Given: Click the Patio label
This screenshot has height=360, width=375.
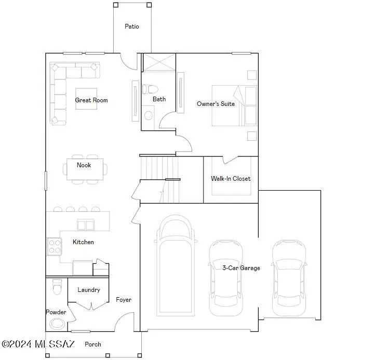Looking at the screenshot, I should [131, 26].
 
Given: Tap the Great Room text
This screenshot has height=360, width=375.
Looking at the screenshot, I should [91, 100].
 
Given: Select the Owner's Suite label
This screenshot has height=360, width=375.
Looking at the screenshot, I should [216, 104].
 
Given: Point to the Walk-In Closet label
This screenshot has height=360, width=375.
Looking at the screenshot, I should [231, 179].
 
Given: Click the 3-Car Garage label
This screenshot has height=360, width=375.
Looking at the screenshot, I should [241, 268].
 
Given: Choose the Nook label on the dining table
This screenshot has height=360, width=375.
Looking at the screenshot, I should [84, 165].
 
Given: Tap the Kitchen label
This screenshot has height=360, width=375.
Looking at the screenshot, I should [83, 242].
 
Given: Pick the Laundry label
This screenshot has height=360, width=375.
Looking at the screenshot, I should [88, 290].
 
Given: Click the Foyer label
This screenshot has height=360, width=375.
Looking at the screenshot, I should [124, 300].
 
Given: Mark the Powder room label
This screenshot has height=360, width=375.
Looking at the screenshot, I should [56, 312].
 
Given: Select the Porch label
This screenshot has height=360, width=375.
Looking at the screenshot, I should [93, 344].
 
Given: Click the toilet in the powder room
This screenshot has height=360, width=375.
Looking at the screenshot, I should [57, 286].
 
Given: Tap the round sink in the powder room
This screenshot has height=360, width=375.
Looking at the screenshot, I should [57, 324].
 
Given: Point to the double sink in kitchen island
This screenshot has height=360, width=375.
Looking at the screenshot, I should [85, 225].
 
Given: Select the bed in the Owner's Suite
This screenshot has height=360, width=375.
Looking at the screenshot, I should [234, 106].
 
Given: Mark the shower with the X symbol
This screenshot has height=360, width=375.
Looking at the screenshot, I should [158, 62].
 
